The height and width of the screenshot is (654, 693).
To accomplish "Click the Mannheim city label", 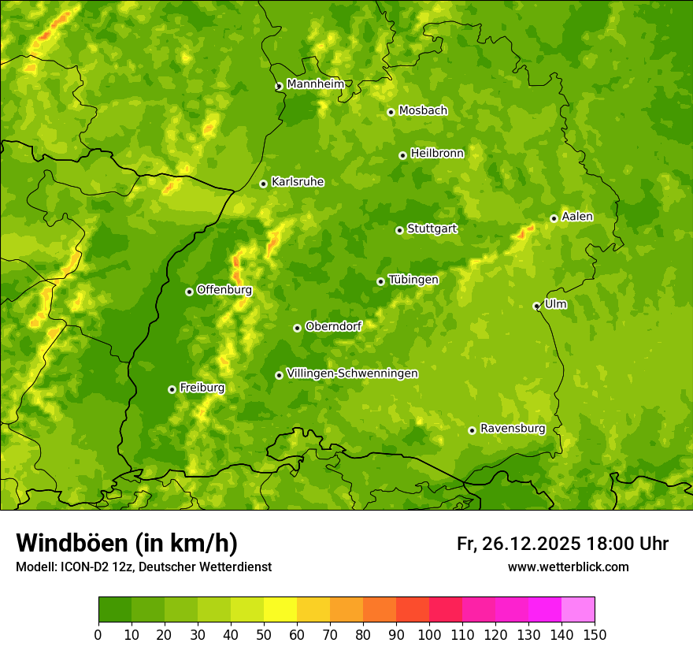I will click(315, 84).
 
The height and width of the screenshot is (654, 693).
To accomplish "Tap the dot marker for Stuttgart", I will click(399, 230).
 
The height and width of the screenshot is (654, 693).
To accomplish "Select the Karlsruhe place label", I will click(298, 182).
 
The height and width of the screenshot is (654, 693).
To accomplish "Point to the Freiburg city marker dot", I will click(172, 389).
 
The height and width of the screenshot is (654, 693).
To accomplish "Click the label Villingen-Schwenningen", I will click(352, 373).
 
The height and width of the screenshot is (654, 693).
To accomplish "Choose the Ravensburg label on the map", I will click(513, 429).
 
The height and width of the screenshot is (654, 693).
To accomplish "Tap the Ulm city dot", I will click(536, 306).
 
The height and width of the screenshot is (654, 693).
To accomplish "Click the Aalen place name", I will click(577, 217).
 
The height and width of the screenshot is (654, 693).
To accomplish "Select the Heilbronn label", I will click(437, 154).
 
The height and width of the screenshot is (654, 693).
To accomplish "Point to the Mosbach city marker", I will click(391, 112).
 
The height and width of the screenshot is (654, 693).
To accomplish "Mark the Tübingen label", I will click(413, 280).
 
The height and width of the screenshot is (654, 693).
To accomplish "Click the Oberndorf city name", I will click(333, 326).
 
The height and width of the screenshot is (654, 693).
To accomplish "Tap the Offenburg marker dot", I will click(189, 292).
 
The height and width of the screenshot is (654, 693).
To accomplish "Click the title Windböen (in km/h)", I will click(127, 543).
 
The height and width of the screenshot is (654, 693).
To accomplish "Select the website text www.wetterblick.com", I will click(568, 567).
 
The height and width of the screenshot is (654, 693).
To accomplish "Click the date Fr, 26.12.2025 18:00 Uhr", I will click(562, 544).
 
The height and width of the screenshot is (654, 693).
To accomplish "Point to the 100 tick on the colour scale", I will click(429, 634).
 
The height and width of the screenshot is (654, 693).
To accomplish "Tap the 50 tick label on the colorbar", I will click(264, 634).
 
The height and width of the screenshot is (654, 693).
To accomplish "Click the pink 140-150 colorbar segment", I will click(577, 610).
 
